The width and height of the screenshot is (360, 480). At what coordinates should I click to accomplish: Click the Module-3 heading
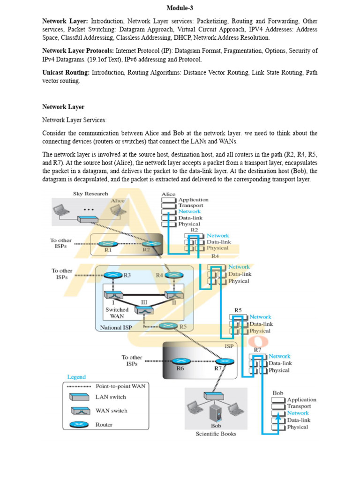tap(180, 8)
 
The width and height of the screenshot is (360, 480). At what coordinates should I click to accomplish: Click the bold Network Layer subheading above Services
tap(63, 107)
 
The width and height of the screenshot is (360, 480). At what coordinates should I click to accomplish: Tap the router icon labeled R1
tap(108, 244)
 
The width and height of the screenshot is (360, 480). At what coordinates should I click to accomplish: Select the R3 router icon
tap(113, 275)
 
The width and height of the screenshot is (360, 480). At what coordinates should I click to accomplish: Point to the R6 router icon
tap(181, 361)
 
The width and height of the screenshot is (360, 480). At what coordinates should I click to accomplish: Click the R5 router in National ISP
tap(168, 326)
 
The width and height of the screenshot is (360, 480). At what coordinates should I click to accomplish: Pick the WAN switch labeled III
tap(144, 310)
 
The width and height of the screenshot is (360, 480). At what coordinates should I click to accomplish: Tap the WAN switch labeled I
tap(113, 295)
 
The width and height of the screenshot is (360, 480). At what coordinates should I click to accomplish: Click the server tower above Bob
tap(216, 412)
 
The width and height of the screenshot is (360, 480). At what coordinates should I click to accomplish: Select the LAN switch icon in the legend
tap(79, 397)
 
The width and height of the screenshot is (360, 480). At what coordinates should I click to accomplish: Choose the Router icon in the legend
tap(79, 425)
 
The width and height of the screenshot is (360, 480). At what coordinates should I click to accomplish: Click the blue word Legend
tap(76, 377)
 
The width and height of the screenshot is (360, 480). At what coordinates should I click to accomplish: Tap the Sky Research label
tap(90, 194)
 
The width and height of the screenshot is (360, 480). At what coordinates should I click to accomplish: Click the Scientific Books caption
tap(216, 434)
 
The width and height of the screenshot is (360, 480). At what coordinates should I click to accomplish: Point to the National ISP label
tap(116, 328)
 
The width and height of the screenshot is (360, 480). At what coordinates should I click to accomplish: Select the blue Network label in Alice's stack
tap(189, 211)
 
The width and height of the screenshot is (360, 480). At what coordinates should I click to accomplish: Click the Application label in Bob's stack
tap(302, 400)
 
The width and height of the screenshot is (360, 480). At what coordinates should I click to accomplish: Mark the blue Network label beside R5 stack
tap(260, 317)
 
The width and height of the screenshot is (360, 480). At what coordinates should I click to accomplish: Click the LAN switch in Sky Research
tap(88, 219)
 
